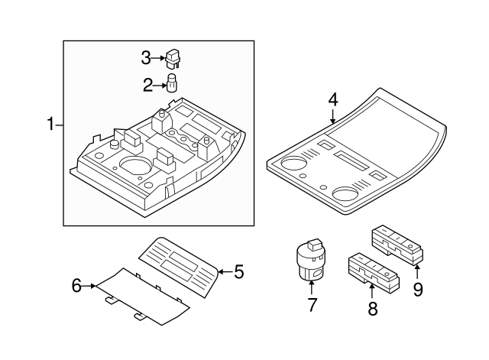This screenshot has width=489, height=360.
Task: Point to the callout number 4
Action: click(332, 99)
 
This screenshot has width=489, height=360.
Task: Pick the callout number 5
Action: click(238, 271)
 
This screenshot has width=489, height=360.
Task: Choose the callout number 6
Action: click(76, 286)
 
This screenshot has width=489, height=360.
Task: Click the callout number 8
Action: click(373, 309)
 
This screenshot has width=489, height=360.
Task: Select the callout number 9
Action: click(418, 290)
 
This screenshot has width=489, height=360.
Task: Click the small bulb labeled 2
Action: click(172, 82)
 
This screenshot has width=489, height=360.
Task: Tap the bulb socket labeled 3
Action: click(175, 57)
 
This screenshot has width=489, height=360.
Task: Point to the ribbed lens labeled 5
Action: click(180, 264)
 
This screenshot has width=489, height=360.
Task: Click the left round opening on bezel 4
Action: click(293, 164)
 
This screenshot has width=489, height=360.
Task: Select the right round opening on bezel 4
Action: click(350, 193)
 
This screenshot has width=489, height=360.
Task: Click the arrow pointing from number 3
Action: click(159, 57)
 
